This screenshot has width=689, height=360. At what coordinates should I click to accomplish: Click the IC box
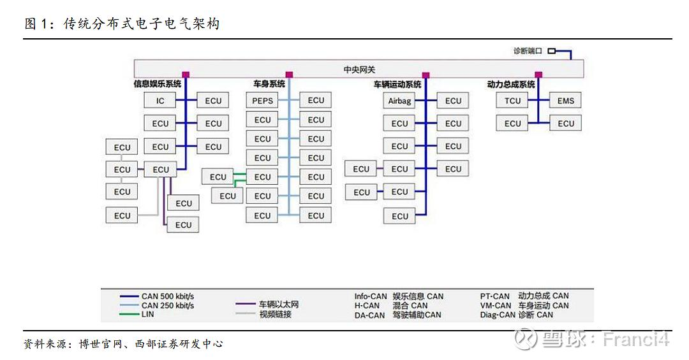(x=160, y=101)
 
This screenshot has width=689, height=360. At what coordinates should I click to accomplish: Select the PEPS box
(x=262, y=101)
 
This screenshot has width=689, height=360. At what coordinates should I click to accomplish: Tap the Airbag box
(x=400, y=101)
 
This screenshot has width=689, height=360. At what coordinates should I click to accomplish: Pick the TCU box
(x=512, y=101)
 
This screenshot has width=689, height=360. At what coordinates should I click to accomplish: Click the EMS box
(x=565, y=101)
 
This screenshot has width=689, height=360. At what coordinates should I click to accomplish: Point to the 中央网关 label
(x=359, y=69)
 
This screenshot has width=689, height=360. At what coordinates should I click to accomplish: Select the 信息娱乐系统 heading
(x=157, y=84)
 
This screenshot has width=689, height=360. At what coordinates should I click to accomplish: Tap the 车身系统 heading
(x=269, y=84)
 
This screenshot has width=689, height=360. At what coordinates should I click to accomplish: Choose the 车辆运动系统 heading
(x=397, y=84)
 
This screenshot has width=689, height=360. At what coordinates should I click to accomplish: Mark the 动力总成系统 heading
(x=510, y=84)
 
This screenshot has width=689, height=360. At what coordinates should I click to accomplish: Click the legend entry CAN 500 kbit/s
(x=168, y=296)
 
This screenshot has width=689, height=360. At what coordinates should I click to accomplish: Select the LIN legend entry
(x=147, y=314)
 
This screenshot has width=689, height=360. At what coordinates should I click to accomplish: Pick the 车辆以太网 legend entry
(x=278, y=305)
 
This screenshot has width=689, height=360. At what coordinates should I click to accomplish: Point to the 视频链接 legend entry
(x=275, y=314)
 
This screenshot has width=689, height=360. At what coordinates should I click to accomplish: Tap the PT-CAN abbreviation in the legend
(x=495, y=296)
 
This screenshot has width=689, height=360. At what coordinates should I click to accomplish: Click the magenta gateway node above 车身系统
(x=289, y=75)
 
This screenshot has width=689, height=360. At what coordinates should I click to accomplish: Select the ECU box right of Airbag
(x=453, y=101)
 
